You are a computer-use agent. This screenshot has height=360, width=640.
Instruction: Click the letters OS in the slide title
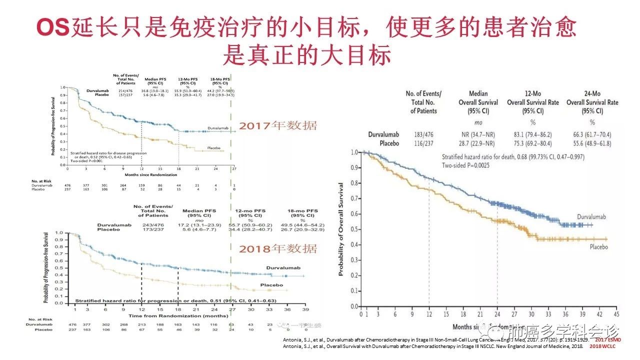point(53,28)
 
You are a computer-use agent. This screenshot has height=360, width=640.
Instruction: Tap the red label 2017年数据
point(277,125)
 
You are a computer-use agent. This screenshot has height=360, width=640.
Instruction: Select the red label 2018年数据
point(277,248)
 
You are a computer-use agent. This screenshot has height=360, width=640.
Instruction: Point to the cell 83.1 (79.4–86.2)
point(532,134)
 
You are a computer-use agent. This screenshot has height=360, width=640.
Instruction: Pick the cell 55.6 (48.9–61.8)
point(592,143)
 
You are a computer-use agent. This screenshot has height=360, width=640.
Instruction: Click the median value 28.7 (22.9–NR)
point(478,143)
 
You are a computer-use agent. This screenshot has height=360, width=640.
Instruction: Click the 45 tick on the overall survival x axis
point(616,314)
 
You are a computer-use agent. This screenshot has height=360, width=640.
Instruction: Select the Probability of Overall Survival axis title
point(341,229)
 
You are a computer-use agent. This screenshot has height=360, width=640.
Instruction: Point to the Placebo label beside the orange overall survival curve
point(598,247)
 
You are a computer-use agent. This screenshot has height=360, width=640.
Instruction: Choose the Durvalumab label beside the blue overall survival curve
point(591,217)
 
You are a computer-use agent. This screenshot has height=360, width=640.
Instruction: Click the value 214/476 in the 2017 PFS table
point(125,90)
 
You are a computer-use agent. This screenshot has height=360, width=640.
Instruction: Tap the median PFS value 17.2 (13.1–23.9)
point(198,225)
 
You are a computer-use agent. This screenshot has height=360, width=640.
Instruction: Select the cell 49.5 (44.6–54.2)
point(302,225)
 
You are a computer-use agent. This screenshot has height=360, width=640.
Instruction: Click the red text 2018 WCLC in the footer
point(606,346)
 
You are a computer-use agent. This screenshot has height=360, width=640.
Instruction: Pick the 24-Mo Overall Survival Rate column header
point(592,102)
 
